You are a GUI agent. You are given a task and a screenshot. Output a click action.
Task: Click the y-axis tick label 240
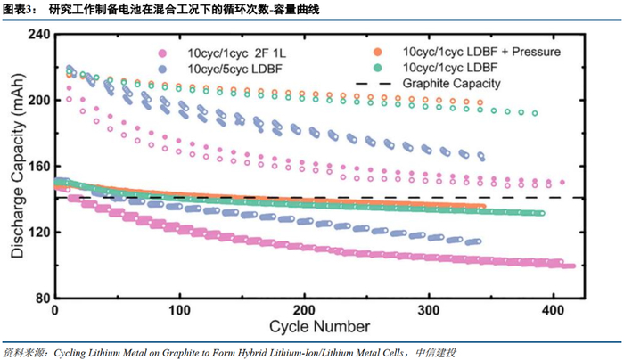coord(36,33)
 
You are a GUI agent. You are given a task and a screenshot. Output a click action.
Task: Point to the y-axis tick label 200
coord(36,100)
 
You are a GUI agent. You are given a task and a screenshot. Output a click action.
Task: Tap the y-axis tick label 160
coord(36,166)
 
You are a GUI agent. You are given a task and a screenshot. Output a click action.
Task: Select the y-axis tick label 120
coord(36,232)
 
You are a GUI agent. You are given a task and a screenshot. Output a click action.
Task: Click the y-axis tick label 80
coord(39,298)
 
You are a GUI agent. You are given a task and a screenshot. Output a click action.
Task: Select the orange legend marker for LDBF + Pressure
coord(378,53)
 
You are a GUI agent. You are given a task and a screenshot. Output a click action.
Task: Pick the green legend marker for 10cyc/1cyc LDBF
coord(378,68)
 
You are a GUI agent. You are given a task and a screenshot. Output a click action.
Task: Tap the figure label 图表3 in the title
coord(21,9)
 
